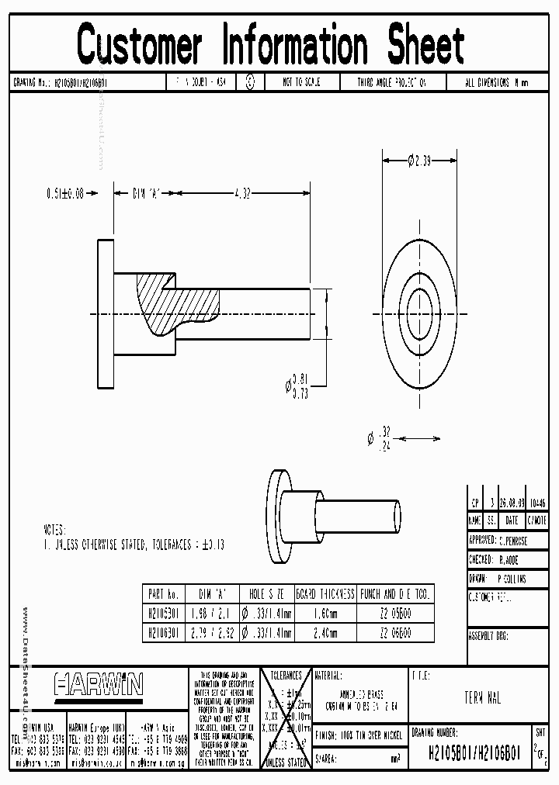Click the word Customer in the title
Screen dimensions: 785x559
[140, 44]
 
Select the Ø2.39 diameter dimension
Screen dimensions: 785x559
[419, 161]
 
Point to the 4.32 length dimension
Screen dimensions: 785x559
[243, 195]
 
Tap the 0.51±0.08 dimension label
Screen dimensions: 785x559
[64, 195]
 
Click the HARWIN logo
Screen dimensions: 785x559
[98, 684]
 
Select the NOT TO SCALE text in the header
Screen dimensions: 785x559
[301, 82]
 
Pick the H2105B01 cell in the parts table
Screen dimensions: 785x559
[163, 613]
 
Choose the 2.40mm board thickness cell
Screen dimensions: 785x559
[325, 633]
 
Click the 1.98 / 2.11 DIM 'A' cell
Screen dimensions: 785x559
[210, 613]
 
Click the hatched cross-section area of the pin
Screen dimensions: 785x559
[159, 306]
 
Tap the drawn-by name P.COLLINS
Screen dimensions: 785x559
[512, 578]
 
